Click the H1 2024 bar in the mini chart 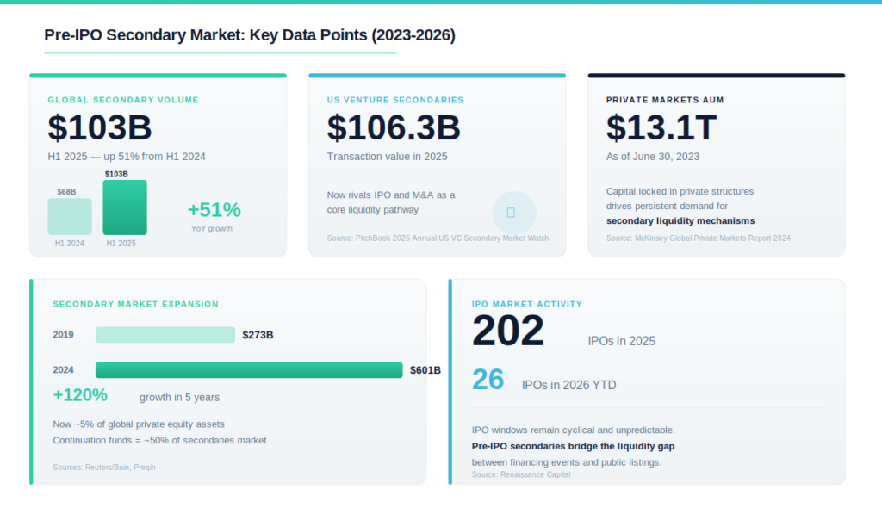70,216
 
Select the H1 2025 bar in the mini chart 125,207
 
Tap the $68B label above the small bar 66,192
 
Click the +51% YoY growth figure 214,210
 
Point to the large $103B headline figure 100,127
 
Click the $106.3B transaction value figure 394,127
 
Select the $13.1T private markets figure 661,127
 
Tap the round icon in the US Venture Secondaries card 514,213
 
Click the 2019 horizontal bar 165,335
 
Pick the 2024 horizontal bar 249,370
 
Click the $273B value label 258,335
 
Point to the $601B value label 425,370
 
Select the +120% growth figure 80,395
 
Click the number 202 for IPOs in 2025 508,331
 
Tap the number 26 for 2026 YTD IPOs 488,379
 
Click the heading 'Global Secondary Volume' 123,100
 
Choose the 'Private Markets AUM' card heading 664,100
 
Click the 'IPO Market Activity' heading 527,304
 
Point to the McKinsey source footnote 698,238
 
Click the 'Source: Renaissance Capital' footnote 521,474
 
